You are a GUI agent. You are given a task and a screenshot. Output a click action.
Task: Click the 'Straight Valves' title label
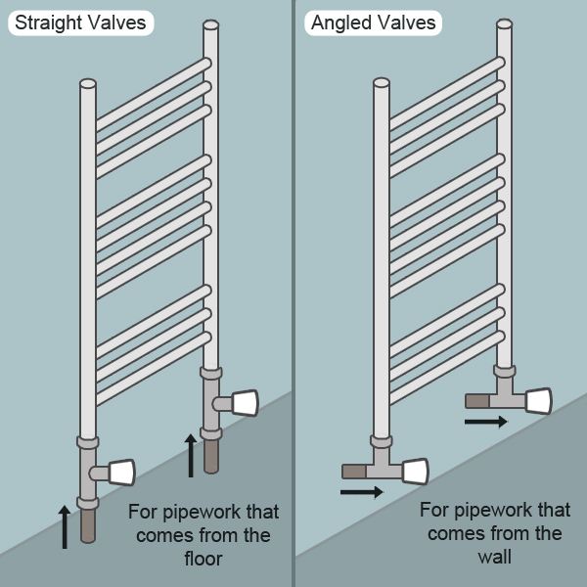tap(81, 23)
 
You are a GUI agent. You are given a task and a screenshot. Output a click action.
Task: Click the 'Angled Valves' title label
tap(373, 23)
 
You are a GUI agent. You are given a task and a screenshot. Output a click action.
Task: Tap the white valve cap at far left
tap(121, 474)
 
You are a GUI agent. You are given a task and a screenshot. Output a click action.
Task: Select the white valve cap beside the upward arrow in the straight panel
tap(245, 402)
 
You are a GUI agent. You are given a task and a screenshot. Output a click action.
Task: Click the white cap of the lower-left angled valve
tap(415, 472)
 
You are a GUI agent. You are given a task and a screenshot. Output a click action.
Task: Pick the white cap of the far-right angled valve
tap(538, 400)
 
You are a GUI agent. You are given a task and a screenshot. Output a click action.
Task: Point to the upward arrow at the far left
tap(66, 526)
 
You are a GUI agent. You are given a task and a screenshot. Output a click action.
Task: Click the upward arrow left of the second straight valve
tap(191, 456)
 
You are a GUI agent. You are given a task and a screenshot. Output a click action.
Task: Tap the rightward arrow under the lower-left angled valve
tap(361, 491)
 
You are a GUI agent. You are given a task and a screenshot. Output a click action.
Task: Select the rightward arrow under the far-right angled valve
tap(485, 422)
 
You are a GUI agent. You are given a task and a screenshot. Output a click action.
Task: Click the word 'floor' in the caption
tap(203, 559)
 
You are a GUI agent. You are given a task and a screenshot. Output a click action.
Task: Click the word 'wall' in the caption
tap(495, 557)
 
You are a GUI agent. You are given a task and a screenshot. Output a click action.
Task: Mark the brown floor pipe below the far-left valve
tap(87, 525)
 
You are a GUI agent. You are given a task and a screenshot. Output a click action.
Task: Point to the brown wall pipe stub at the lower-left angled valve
tap(353, 472)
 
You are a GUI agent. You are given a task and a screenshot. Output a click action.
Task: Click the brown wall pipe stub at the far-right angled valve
tap(477, 400)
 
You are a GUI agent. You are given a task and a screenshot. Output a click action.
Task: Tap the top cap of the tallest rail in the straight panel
tap(211, 24)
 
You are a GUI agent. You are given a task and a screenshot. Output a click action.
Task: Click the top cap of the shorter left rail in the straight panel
tap(88, 84)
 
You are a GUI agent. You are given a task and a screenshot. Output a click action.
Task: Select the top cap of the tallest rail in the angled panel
tap(504, 23)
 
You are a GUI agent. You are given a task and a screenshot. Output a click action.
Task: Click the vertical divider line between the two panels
tap(293, 293)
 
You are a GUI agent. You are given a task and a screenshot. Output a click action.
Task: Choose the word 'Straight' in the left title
tap(48, 23)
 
